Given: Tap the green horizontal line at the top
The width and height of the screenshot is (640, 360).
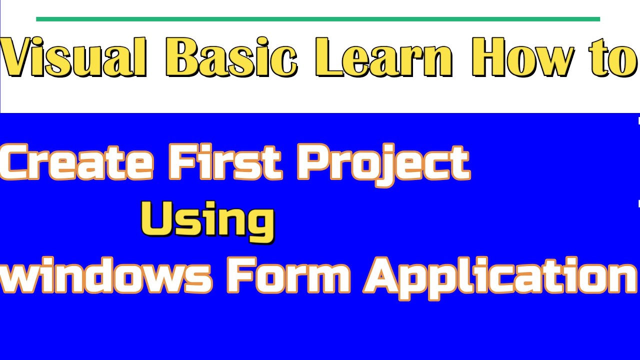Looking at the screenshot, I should click(318, 19).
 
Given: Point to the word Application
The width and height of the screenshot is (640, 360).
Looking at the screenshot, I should click(500, 277).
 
